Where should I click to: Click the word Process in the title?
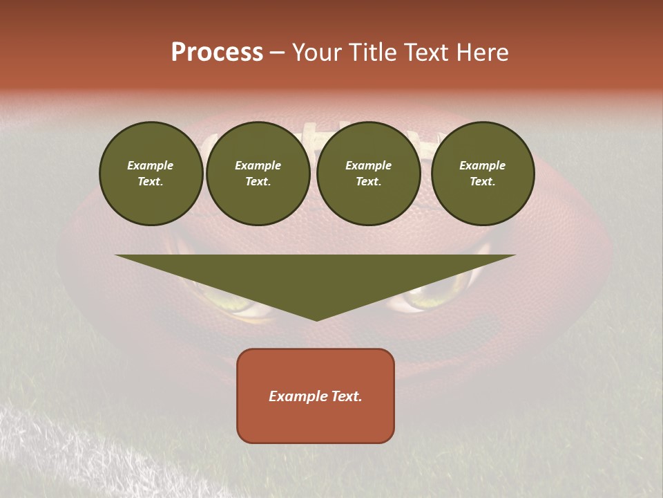pyautogui.click(x=217, y=53)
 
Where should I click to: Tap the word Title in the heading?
pyautogui.click(x=374, y=53)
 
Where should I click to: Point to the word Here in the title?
pyautogui.click(x=481, y=53)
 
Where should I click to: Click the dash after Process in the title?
pyautogui.click(x=277, y=53)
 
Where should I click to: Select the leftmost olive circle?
pyautogui.click(x=151, y=174)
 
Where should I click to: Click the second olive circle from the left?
pyautogui.click(x=258, y=174)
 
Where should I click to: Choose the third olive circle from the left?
pyautogui.click(x=369, y=174)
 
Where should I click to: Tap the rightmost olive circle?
pyautogui.click(x=483, y=174)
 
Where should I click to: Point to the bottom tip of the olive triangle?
pyautogui.click(x=316, y=319)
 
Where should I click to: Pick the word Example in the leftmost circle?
pyautogui.click(x=151, y=165)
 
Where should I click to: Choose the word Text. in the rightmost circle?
pyautogui.click(x=483, y=182)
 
